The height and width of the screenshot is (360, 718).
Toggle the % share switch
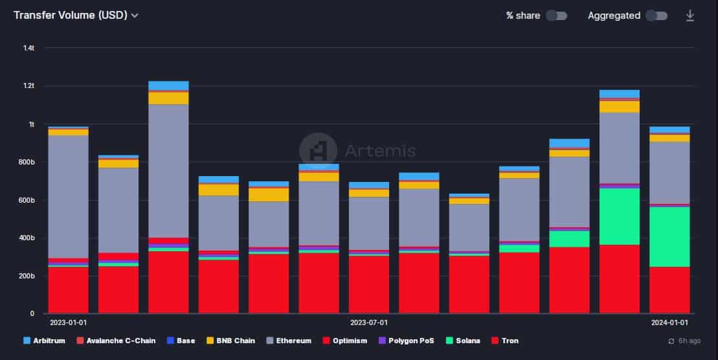point(556,16)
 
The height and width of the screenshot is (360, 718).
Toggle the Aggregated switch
point(656,16)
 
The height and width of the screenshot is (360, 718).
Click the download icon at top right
point(690,16)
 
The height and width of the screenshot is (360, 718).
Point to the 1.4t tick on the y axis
point(28,48)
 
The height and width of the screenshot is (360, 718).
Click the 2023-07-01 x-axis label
point(369,322)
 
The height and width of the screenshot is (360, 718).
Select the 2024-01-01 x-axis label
point(669,322)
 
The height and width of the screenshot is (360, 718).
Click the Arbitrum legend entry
point(45,341)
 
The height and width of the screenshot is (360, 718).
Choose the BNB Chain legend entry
point(232,341)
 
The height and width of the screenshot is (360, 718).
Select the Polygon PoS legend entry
point(407,341)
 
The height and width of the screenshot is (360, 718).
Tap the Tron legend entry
point(505,341)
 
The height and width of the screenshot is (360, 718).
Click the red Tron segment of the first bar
point(68,290)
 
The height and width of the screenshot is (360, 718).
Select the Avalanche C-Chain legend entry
point(116,341)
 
